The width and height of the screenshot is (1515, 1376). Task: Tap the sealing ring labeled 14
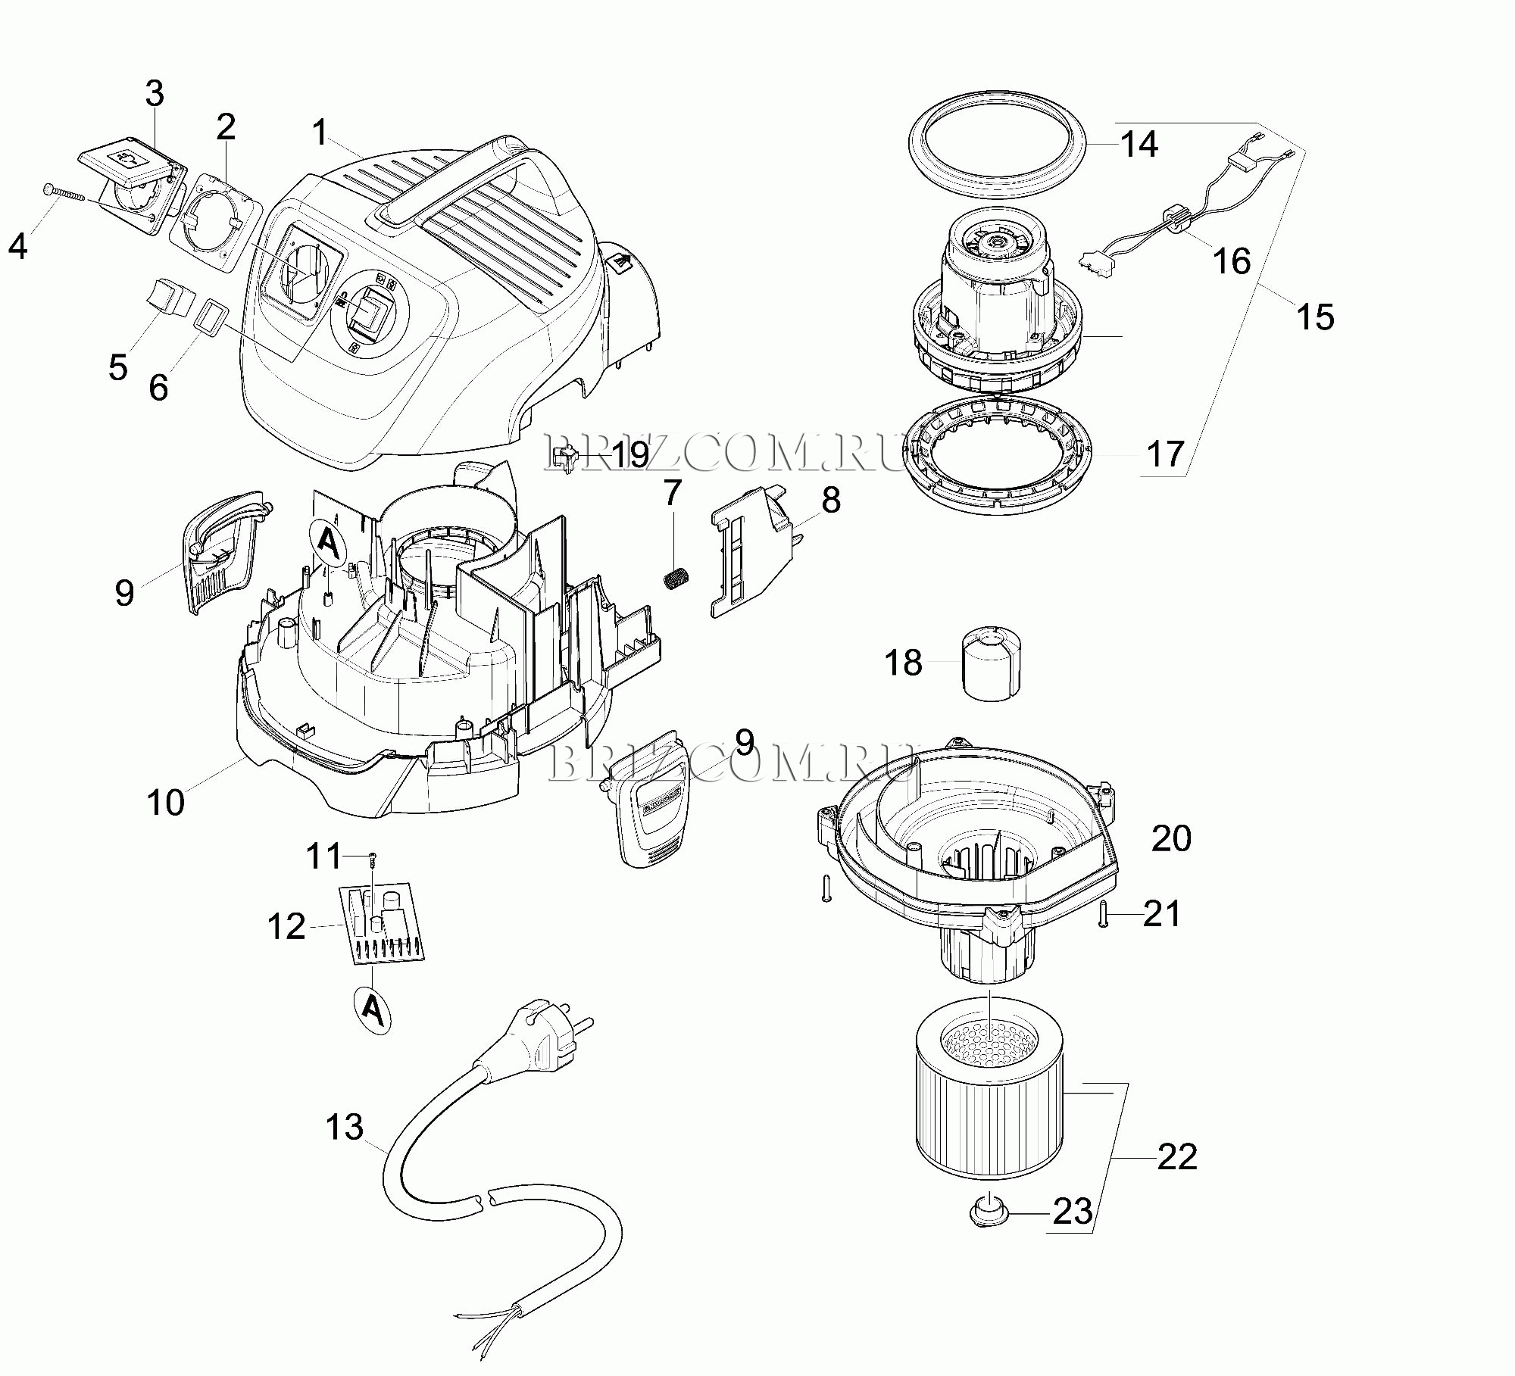[x=997, y=143]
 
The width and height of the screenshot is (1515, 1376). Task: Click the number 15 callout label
[x=1315, y=317]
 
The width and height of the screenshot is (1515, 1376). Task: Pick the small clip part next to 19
[x=566, y=457]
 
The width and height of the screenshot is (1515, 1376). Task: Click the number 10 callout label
[x=165, y=803]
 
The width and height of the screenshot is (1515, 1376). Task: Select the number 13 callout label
[x=345, y=1127]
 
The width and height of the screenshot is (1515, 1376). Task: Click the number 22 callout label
[x=1177, y=1157]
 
